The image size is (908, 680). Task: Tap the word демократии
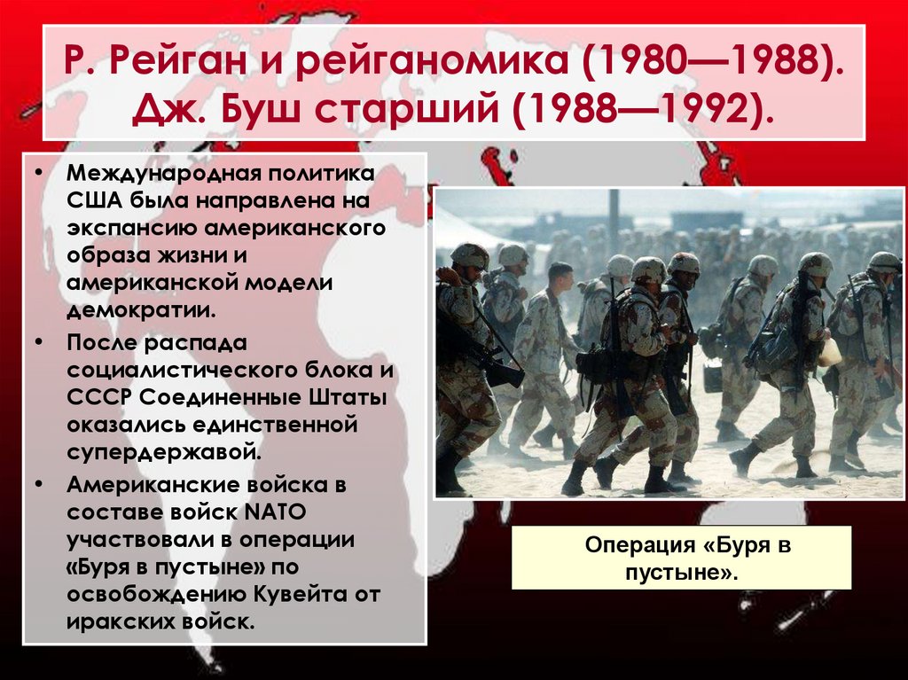coord(140,312)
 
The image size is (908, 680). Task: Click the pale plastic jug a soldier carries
coord(830,353)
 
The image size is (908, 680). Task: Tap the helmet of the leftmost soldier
coord(469,254)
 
